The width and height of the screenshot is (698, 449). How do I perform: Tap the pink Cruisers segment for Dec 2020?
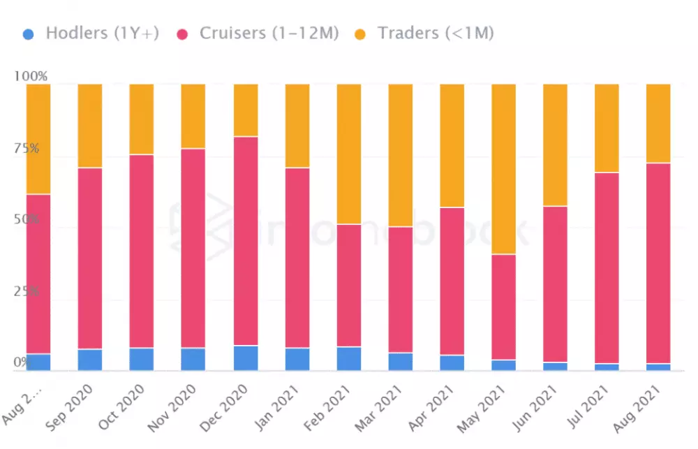tap(246, 241)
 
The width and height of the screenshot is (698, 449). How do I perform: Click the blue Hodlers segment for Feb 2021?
tap(349, 358)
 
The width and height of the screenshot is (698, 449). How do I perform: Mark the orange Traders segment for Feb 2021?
tap(349, 154)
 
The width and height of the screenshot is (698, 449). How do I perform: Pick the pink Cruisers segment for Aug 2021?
tap(658, 263)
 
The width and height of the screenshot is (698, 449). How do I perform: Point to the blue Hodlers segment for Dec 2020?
tap(246, 358)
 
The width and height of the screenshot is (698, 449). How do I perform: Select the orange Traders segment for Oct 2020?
tap(142, 119)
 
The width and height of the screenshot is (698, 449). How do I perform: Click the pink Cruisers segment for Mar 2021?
tap(401, 290)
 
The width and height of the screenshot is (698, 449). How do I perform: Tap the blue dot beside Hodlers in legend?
tap(29, 33)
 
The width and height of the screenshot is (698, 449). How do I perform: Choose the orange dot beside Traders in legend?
tap(360, 33)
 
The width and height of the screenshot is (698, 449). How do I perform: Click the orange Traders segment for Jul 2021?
tap(607, 128)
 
